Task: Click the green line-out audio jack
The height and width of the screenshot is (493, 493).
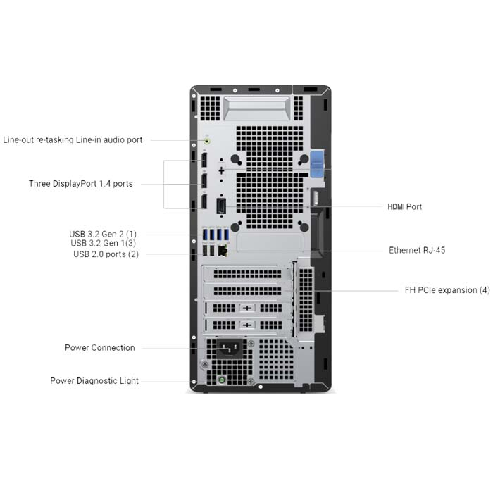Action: click(x=206, y=140)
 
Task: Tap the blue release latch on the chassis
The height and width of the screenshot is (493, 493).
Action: click(x=316, y=164)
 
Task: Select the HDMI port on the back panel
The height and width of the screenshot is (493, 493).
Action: click(x=221, y=206)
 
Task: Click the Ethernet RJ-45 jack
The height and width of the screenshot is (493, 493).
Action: click(x=223, y=250)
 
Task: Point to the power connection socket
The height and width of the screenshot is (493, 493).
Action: click(x=229, y=349)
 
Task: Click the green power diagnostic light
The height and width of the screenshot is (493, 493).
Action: click(x=221, y=381)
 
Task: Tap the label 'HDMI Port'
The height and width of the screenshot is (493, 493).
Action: click(x=404, y=207)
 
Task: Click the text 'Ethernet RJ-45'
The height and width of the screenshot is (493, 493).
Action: click(x=417, y=250)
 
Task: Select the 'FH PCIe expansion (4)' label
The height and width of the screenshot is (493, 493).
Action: click(x=447, y=290)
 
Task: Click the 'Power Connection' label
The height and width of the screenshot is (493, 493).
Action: click(x=100, y=348)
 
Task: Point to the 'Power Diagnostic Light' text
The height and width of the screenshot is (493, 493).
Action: click(x=94, y=381)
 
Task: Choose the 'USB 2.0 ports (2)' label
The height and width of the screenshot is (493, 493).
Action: click(x=106, y=254)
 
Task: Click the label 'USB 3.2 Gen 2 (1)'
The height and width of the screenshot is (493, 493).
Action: click(x=103, y=234)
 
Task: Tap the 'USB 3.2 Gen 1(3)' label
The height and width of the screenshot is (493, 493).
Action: click(x=103, y=244)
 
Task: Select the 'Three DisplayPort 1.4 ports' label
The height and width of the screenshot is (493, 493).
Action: click(x=80, y=184)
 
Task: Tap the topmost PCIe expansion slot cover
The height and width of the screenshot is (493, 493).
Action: click(x=246, y=273)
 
